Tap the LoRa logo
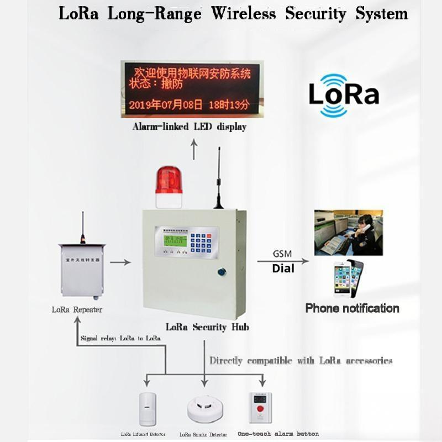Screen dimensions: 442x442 point(343,94)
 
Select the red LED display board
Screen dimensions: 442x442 point(190,88)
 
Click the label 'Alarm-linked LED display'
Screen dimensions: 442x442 point(189,127)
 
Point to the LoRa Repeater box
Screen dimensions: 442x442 point(82,271)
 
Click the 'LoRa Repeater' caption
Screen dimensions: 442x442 point(77,309)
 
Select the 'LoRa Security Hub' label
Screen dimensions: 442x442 point(207,327)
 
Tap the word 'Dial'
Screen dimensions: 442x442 point(283,269)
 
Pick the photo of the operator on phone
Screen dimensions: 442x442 point(348,232)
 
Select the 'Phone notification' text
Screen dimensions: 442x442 point(352,308)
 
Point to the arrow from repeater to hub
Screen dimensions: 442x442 point(120,262)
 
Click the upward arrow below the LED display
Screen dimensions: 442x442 point(194,149)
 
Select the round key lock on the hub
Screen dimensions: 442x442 point(222,272)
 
